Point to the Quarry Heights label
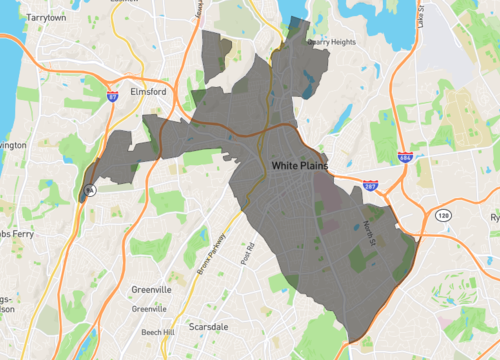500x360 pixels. point(331,42)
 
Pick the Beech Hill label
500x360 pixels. point(157,331)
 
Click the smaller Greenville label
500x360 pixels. point(150,309)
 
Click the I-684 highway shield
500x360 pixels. point(404,159)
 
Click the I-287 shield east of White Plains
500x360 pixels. point(370,186)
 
